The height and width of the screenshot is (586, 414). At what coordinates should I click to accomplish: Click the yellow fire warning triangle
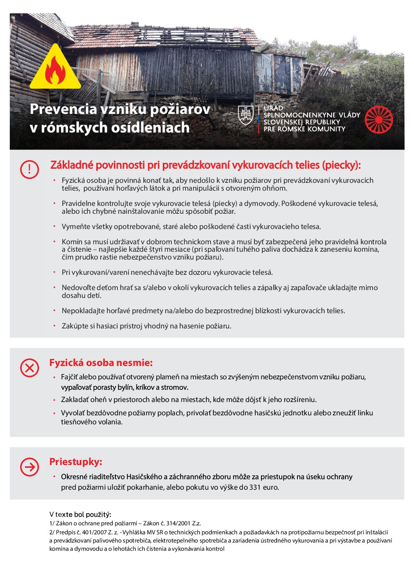coord(55,69)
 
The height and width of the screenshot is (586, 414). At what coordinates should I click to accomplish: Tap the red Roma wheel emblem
coord(378,120)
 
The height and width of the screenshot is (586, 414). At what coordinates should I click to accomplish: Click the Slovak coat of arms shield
coord(246,115)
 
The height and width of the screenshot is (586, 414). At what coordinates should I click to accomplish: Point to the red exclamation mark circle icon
coord(29,169)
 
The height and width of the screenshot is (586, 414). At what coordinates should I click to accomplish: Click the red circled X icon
coord(29,368)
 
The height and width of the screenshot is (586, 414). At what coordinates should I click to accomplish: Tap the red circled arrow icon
coord(29,467)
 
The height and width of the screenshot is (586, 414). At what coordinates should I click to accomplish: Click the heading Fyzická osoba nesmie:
coord(101,363)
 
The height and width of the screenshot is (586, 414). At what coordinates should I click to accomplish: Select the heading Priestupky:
coord(76,462)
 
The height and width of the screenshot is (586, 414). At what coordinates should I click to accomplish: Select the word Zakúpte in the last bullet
coord(75,326)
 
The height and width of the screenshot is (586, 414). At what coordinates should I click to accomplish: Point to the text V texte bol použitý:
coord(80,514)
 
